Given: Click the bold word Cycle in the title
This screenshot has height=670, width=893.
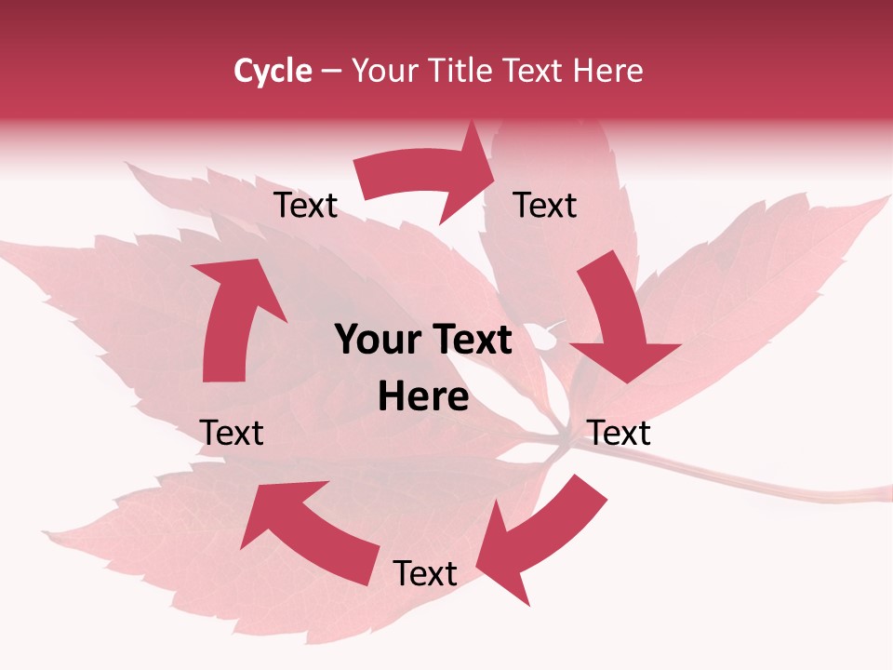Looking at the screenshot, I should tap(273, 71).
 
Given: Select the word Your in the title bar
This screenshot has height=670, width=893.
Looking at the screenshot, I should tap(382, 71).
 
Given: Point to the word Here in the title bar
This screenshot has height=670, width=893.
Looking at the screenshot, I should tap(608, 71).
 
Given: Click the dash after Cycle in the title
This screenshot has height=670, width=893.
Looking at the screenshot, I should tap(331, 72).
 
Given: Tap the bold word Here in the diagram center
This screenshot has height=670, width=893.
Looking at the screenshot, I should tap(423, 397).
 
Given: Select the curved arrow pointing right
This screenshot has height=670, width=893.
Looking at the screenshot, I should tap(428, 177).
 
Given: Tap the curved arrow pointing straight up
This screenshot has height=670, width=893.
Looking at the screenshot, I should tap(233, 316).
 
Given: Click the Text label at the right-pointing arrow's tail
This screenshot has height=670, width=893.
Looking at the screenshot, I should tap(305, 206).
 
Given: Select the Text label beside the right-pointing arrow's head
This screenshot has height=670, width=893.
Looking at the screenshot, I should tap(545, 206).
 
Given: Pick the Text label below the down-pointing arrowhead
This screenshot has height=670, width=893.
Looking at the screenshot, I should tap(620, 433).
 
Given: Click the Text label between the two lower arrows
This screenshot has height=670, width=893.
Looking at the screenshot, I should tap(425, 574).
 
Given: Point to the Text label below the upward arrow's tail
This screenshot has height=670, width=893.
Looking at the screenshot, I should tap(232, 433).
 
